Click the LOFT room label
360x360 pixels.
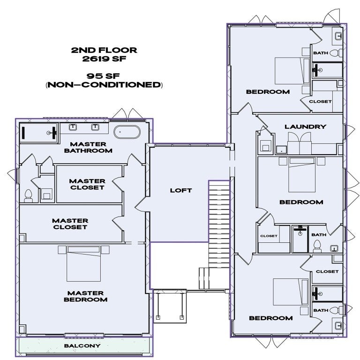point(180,190)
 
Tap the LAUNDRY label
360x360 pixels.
point(305,127)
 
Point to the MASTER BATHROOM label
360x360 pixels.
point(89,147)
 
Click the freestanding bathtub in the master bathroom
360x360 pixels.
point(127,132)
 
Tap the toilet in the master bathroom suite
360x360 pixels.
point(28,195)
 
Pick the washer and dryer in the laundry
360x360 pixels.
point(299,141)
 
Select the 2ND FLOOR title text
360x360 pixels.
point(104,50)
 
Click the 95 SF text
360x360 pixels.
point(104,76)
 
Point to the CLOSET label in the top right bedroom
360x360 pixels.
point(321,101)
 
